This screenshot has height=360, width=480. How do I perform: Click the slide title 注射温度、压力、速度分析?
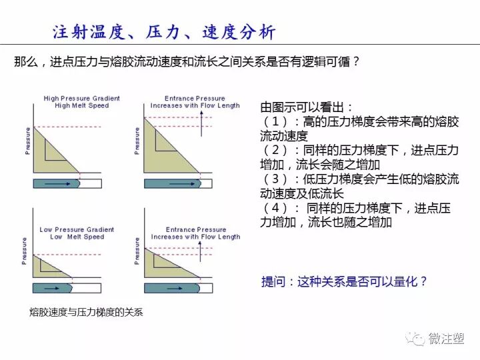coord(163,32)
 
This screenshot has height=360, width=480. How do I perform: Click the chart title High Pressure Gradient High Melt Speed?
coord(77,102)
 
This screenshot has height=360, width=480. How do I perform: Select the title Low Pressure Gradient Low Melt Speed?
coord(77,233)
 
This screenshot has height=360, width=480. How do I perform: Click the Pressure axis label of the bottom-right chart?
coord(137,250)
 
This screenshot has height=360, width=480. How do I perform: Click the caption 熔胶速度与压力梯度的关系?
coord(86,312)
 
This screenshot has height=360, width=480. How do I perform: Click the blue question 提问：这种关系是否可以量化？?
coord(344,282)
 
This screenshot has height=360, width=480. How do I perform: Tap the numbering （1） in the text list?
coord(276,122)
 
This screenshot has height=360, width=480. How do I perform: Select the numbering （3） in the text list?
coord(276,179)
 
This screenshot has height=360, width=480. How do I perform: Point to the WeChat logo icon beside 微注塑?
coord(417,338)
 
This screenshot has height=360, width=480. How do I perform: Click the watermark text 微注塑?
coord(447,338)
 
